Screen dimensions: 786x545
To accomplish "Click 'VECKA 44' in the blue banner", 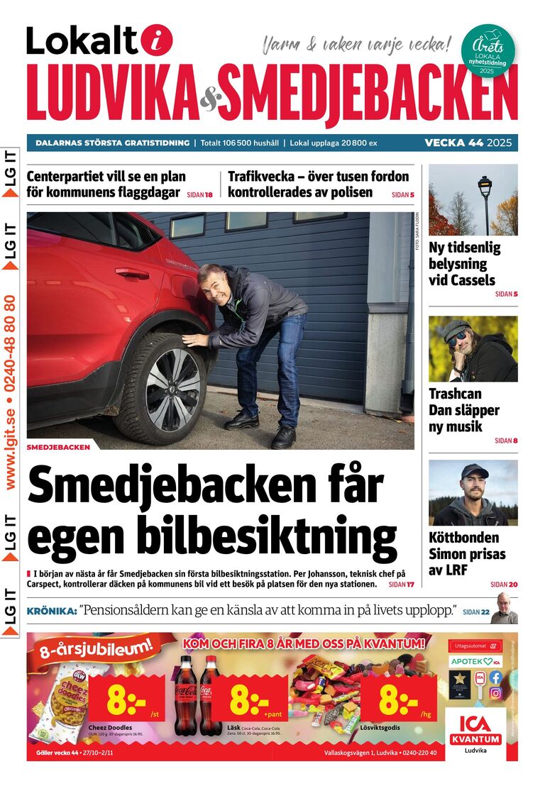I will pyautogui.click(x=453, y=143).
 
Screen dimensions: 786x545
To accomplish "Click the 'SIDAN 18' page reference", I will pyautogui.click(x=199, y=194).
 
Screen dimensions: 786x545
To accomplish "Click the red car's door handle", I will pyautogui.click(x=132, y=272).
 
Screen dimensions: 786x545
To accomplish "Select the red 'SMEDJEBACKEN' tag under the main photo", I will pyautogui.click(x=59, y=448).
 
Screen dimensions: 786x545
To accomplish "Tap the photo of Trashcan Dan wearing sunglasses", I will pyautogui.click(x=473, y=348).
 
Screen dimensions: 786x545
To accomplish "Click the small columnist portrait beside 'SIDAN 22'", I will pyautogui.click(x=504, y=609).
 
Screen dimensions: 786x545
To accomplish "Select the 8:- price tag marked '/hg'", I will pyautogui.click(x=399, y=698).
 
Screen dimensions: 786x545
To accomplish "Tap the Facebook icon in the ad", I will pyautogui.click(x=495, y=677).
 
